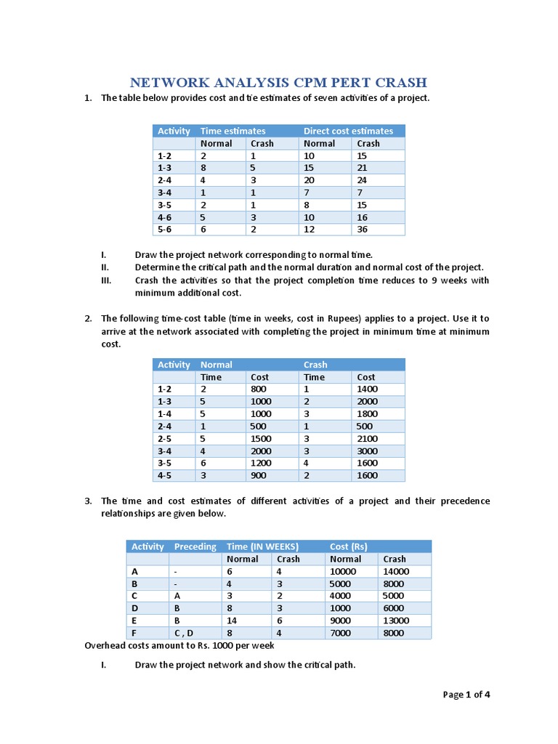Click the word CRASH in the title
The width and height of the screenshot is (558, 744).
(x=398, y=82)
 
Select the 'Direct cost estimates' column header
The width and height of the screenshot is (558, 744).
(x=348, y=131)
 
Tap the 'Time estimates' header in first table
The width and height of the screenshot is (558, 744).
(x=232, y=131)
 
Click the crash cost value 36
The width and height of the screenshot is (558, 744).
(x=363, y=230)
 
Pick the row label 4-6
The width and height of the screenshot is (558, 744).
(x=165, y=217)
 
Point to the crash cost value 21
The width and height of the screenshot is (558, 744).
(x=363, y=168)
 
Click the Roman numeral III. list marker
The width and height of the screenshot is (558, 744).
(x=106, y=280)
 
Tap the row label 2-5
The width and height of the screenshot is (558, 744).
(x=165, y=439)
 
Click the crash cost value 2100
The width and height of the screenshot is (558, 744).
(x=367, y=439)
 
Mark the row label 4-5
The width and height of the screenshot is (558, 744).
(x=165, y=476)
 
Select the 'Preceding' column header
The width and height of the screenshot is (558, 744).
(x=195, y=546)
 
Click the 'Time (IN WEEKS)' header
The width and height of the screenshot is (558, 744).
(x=262, y=546)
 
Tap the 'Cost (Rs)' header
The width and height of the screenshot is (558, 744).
(x=349, y=546)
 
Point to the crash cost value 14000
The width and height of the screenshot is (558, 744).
(x=396, y=571)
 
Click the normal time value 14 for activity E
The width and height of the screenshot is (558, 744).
(x=232, y=620)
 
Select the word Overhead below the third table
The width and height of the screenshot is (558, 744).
(x=106, y=645)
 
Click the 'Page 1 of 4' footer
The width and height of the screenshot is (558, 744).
(x=466, y=695)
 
